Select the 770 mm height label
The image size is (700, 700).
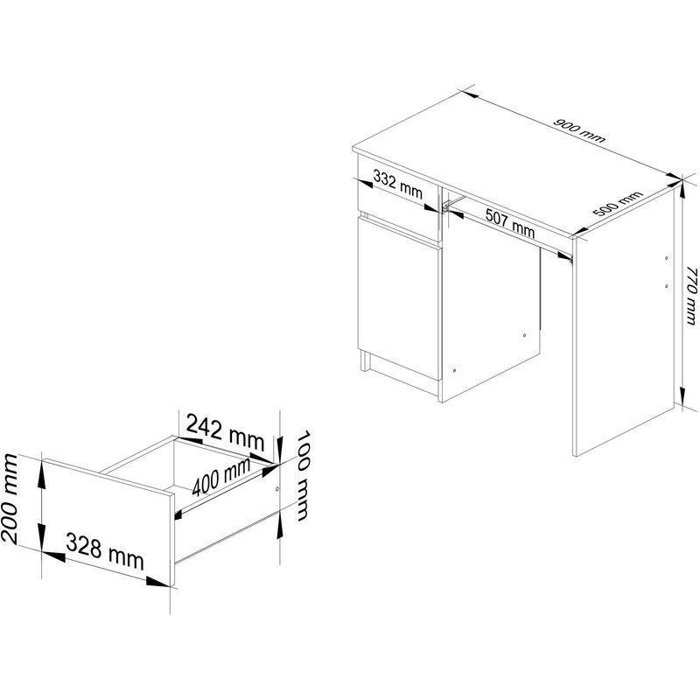(x=690, y=296)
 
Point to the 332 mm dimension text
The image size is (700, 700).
(x=398, y=185)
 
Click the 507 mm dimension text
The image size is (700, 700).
(x=510, y=223)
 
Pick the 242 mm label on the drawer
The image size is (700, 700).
(x=226, y=431)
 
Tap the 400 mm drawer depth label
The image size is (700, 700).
(x=221, y=477)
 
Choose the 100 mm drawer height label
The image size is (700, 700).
(x=303, y=475)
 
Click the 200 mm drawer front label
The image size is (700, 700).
(x=10, y=498)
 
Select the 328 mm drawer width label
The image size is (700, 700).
(x=105, y=552)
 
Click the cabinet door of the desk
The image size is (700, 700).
(x=398, y=298)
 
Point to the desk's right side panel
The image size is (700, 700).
(x=624, y=321)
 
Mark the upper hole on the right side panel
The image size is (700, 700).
(x=666, y=258)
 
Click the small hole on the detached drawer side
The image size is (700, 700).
(x=277, y=489)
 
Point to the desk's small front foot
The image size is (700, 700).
(x=365, y=361)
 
